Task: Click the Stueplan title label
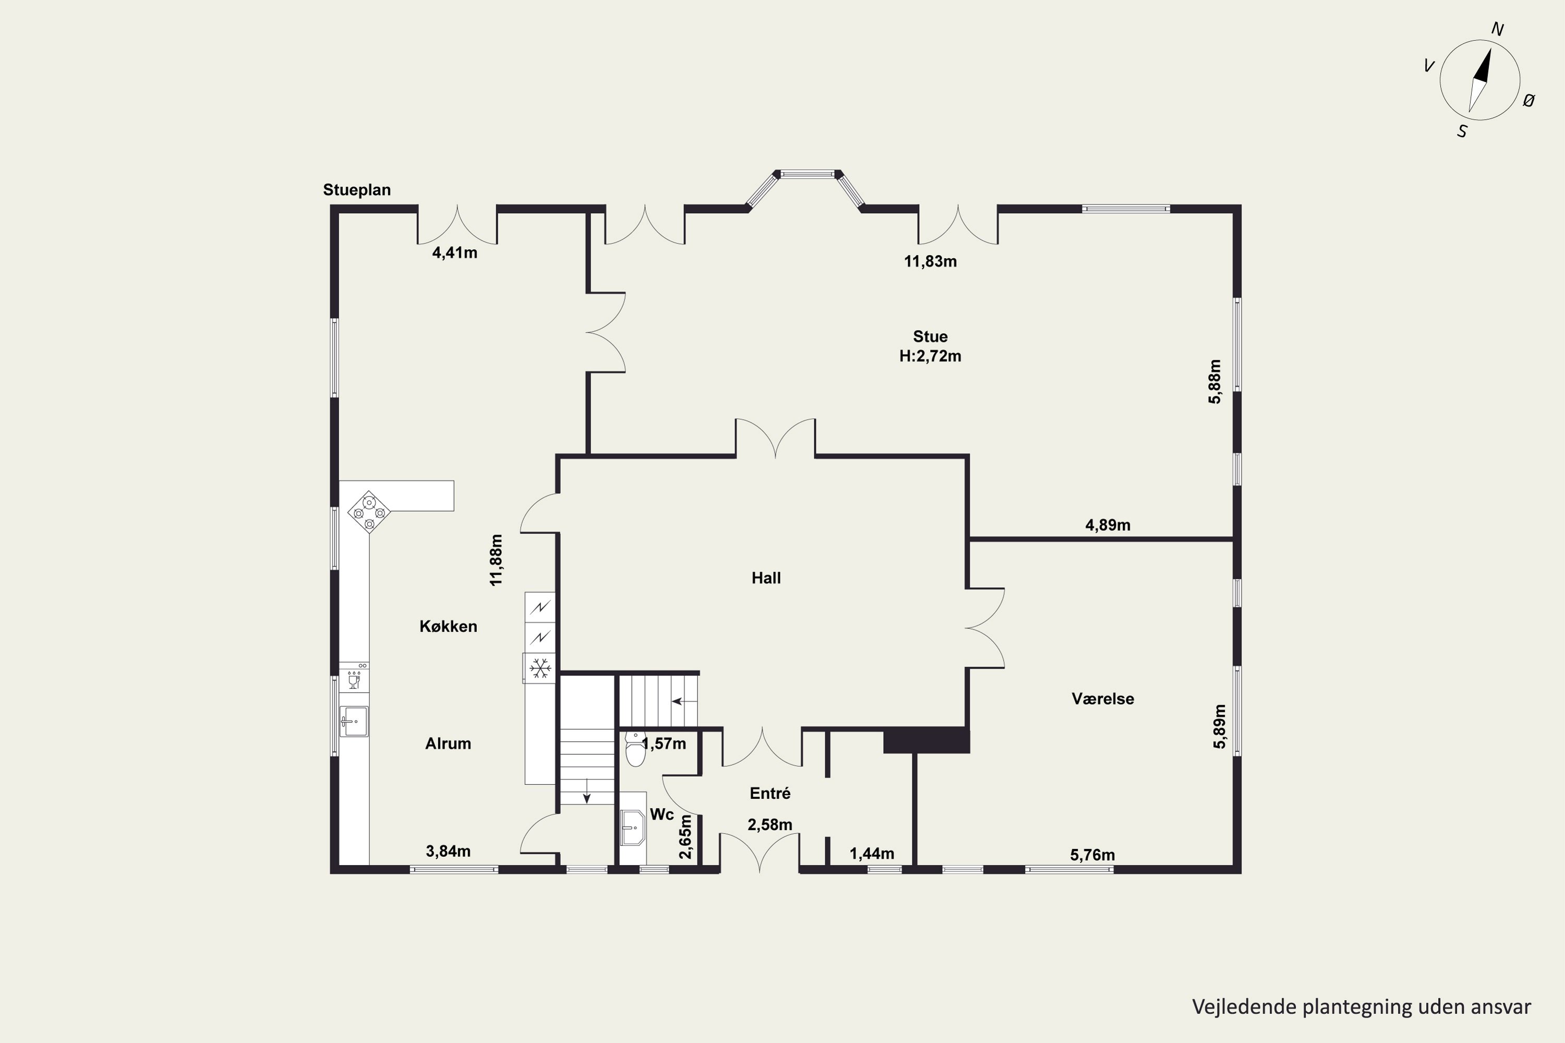357,190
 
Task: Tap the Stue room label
930,336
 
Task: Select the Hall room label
766,578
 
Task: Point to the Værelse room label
1103,698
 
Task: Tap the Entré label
770,793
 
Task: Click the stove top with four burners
369,512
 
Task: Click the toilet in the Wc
636,750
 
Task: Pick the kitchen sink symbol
354,722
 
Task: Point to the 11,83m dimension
930,261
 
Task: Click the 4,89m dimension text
1108,525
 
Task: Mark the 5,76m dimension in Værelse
1092,855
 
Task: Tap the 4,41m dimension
454,253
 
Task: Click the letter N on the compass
1497,29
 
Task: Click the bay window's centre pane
807,174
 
